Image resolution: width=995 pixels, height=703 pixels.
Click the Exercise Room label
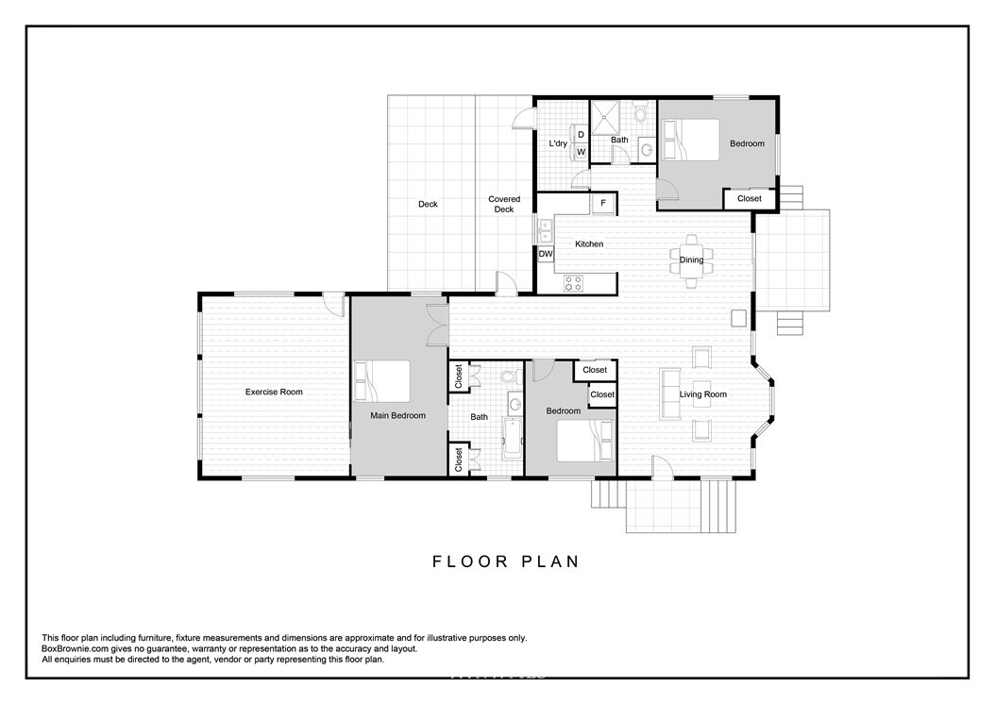(x=274, y=392)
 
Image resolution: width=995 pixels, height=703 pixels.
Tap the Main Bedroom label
(x=397, y=415)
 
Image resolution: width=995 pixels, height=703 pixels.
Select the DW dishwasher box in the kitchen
(x=546, y=254)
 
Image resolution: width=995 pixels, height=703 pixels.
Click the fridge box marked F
(x=603, y=203)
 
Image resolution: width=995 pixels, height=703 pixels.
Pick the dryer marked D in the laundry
(x=580, y=135)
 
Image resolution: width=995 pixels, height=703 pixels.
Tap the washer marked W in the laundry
(x=580, y=152)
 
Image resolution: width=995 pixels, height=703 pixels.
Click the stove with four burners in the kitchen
(x=574, y=283)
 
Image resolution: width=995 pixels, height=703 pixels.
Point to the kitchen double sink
(x=545, y=230)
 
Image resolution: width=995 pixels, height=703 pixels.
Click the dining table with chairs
(x=691, y=260)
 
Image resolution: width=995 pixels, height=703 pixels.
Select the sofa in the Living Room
(x=668, y=394)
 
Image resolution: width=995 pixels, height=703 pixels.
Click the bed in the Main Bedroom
(x=381, y=381)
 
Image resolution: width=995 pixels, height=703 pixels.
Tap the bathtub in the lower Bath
(x=511, y=438)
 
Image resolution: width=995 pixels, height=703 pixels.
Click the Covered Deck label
(x=504, y=204)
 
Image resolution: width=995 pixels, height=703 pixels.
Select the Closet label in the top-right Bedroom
(x=750, y=198)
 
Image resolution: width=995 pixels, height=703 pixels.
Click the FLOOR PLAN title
(x=506, y=561)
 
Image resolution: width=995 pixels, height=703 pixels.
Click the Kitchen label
(x=589, y=243)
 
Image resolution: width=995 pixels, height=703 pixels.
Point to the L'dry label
(x=558, y=143)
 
